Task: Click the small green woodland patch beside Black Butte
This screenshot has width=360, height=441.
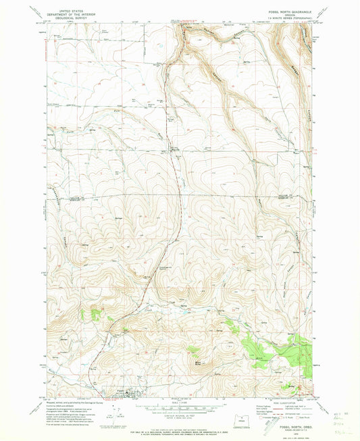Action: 193,349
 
